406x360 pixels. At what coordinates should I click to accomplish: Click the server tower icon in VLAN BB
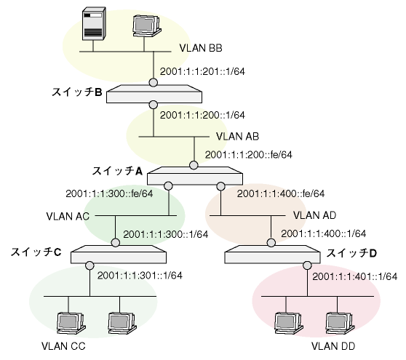click(94, 24)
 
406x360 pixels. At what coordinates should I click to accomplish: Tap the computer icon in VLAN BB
click(147, 26)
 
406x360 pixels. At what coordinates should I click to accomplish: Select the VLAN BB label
click(201, 48)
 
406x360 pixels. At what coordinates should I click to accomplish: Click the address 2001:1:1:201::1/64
click(202, 71)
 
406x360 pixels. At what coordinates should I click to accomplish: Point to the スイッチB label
click(77, 92)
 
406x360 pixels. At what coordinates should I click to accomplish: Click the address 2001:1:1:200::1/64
click(202, 115)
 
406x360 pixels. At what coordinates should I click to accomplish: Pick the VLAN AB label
click(237, 137)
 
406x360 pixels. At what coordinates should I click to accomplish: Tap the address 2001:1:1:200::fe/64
click(249, 155)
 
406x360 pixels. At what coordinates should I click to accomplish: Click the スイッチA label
click(117, 171)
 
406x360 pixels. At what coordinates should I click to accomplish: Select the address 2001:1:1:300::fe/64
click(109, 193)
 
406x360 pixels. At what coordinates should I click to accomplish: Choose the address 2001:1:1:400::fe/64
click(281, 193)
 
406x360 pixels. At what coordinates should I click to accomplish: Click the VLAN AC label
click(68, 216)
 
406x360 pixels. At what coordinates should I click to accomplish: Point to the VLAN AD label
click(314, 215)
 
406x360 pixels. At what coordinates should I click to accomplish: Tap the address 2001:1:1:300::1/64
click(165, 234)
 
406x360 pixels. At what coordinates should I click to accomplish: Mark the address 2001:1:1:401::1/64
click(355, 276)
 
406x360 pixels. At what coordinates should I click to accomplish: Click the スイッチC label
click(36, 252)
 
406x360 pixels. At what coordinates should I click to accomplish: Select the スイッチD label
click(351, 253)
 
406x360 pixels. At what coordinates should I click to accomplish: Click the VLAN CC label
click(63, 346)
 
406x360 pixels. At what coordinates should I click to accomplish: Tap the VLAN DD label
click(333, 346)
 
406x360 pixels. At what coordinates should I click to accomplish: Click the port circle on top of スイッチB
click(154, 83)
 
